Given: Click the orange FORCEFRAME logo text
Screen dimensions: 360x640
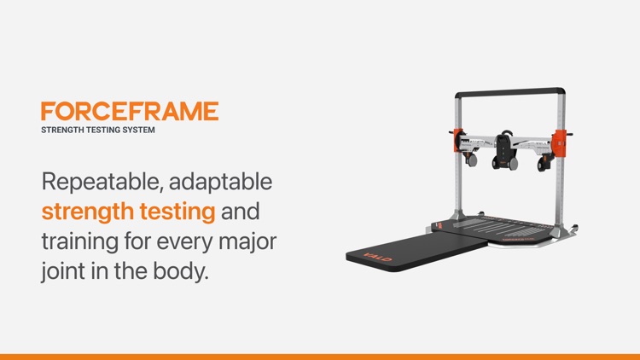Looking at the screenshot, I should [x=130, y=111].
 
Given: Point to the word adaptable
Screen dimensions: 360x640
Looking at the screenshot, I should [x=224, y=181].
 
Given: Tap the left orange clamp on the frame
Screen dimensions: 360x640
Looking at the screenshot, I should [x=457, y=142].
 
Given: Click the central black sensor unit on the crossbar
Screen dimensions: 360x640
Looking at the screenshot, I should [x=505, y=148].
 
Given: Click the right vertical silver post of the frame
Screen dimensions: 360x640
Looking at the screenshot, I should [x=561, y=188].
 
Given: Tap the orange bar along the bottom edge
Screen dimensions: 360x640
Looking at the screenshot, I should [x=320, y=356].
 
